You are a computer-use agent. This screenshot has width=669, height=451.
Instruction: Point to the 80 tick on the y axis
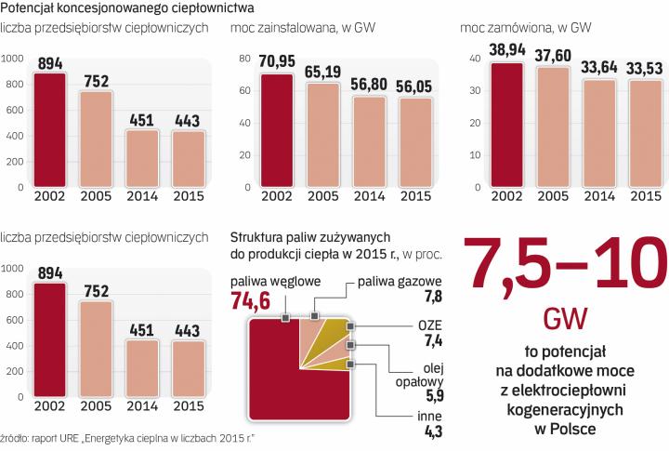click(246, 59)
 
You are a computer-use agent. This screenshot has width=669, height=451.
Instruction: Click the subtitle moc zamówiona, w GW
click(513, 28)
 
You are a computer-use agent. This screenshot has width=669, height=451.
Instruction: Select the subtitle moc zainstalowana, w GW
click(295, 28)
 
